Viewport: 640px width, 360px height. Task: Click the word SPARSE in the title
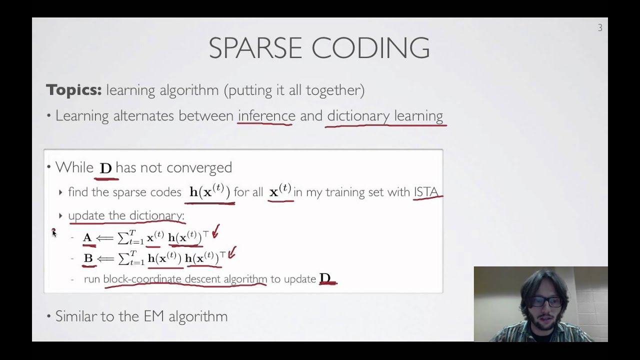[255, 48]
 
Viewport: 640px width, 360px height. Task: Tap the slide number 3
[600, 28]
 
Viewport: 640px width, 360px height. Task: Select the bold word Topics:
[74, 90]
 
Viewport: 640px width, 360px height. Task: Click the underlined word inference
[266, 116]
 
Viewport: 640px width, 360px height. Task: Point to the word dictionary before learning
[358, 116]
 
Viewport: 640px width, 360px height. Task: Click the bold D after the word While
[105, 168]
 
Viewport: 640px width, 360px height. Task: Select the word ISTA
[426, 192]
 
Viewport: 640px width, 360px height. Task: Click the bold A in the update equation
[87, 238]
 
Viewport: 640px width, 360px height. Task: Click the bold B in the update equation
[88, 258]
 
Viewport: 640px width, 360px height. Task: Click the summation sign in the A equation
[123, 238]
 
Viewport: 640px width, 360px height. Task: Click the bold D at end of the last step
[325, 278]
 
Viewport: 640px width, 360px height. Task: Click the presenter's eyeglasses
[545, 302]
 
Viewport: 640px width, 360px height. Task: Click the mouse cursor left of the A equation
[54, 232]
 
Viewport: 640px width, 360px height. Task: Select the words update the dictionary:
[126, 215]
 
